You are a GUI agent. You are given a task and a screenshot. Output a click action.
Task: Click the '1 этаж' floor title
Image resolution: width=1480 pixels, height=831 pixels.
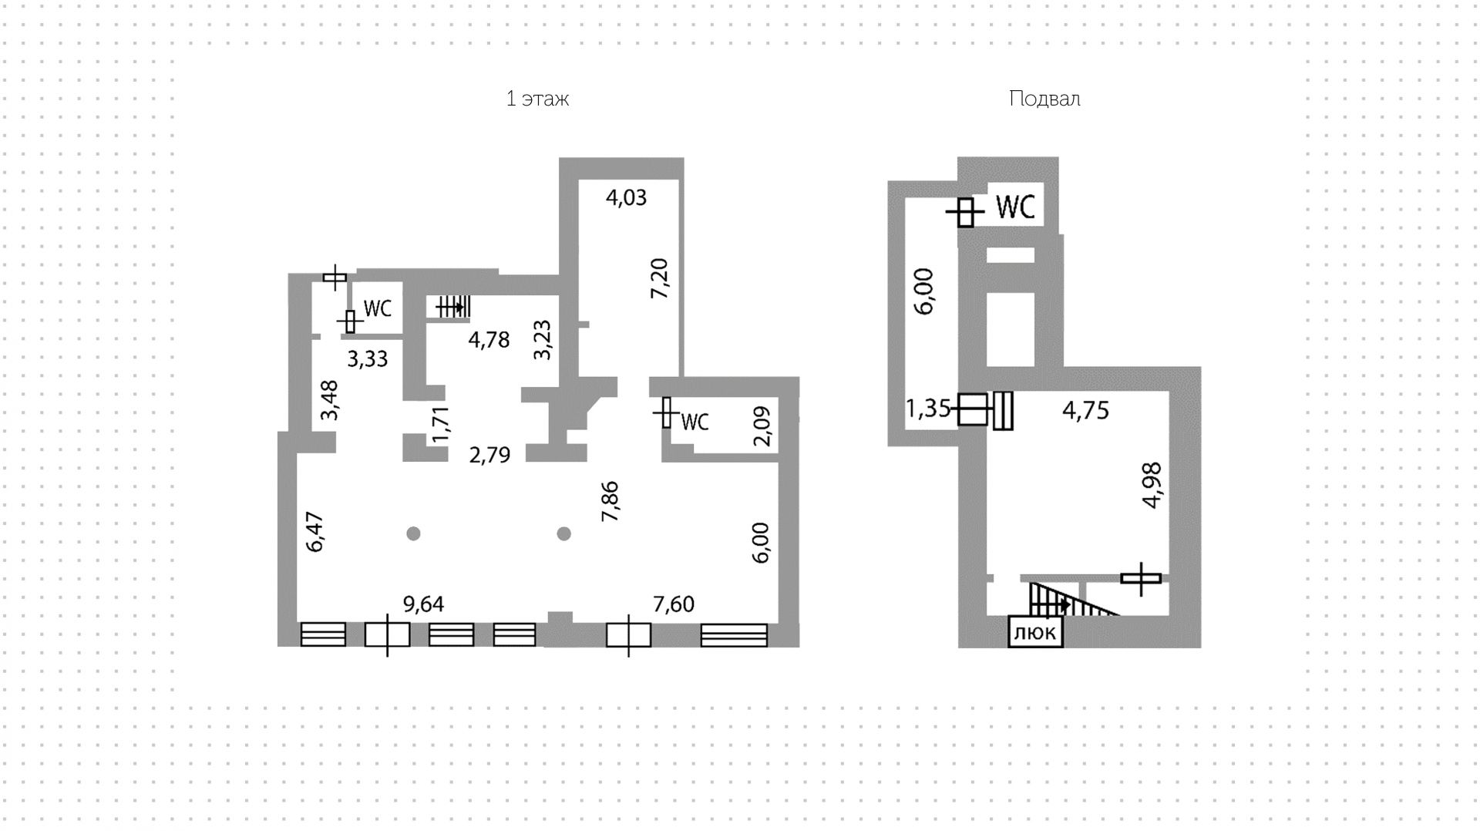537,99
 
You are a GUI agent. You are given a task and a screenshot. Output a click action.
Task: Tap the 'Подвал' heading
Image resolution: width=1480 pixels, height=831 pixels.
1044,99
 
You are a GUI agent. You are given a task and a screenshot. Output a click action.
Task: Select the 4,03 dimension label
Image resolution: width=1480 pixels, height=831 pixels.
626,197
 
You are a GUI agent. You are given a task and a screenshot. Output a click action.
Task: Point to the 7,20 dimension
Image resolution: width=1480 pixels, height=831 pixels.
659,278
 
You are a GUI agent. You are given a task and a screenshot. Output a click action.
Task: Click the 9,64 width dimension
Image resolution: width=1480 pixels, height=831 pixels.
424,604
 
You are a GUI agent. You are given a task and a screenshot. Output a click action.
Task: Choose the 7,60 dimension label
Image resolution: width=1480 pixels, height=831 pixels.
674,604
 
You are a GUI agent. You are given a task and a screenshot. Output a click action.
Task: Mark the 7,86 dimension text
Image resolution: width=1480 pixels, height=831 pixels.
610,501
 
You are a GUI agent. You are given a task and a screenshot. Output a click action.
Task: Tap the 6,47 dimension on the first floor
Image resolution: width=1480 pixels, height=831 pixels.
314,533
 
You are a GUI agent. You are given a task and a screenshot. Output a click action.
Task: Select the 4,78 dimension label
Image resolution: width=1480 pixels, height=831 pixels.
489,339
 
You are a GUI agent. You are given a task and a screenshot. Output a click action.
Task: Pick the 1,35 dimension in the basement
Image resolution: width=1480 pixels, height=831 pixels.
927,408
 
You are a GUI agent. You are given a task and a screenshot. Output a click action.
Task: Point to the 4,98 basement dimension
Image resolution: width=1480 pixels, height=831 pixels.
1152,485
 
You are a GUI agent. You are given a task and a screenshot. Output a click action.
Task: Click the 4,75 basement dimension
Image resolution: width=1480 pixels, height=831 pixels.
1086,410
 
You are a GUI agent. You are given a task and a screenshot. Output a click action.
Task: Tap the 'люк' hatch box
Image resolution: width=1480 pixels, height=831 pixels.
1036,633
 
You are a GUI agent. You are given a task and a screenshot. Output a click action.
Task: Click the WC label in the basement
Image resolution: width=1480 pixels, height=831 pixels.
1015,207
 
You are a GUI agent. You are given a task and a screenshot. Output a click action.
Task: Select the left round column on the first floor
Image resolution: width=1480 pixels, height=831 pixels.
414,533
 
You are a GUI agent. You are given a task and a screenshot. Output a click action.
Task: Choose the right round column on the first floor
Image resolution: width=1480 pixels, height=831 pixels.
564,533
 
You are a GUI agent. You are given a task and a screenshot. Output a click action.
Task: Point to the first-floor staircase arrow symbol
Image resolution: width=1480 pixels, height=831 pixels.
452,308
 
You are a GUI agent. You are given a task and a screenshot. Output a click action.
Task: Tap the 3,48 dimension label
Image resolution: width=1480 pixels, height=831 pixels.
329,400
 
